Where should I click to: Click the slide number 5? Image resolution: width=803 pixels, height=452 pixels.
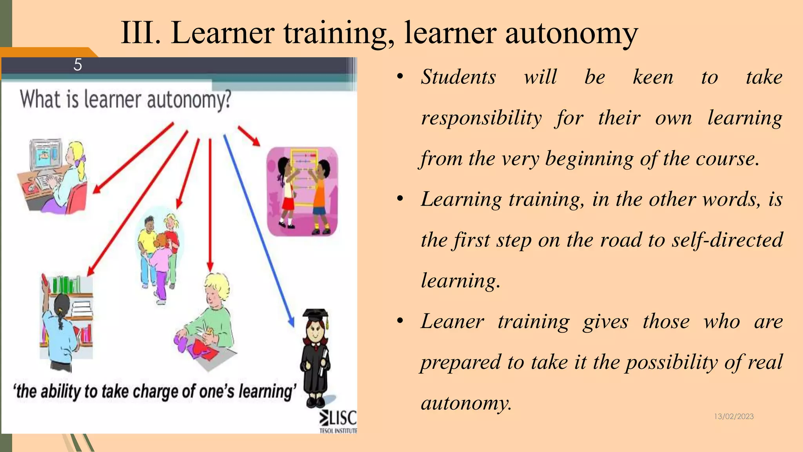coord(78,65)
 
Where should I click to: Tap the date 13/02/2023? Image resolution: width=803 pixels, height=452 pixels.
coord(734,416)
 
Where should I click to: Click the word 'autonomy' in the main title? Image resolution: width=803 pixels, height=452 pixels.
coord(571,33)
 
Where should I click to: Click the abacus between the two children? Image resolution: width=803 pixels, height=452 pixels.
coord(303,177)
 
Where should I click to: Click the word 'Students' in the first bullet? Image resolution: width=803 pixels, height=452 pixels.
coord(458,77)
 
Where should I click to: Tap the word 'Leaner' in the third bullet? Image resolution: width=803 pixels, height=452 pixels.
coord(452,321)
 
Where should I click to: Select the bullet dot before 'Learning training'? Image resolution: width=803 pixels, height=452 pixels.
coord(400,199)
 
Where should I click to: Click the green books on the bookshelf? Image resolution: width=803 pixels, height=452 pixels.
coord(66,284)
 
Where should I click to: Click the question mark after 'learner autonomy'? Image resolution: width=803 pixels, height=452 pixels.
coord(227,100)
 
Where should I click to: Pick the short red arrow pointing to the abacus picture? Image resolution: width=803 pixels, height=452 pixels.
coord(249,136)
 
